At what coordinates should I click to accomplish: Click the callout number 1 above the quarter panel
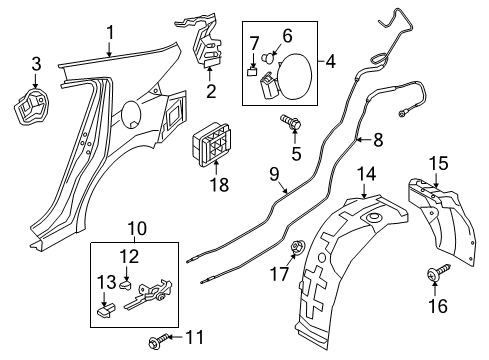[110, 33]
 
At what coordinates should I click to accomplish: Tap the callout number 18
[219, 184]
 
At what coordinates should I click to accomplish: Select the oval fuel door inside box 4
[294, 76]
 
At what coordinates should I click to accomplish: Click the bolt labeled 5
[291, 122]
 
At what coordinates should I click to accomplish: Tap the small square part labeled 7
[253, 72]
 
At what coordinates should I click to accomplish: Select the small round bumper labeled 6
[269, 58]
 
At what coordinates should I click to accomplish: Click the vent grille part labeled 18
[211, 145]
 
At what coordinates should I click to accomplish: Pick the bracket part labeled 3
[31, 106]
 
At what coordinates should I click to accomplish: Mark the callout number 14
[366, 174]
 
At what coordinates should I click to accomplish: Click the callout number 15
[438, 163]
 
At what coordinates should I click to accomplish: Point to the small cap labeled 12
[126, 285]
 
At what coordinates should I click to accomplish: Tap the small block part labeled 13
[106, 311]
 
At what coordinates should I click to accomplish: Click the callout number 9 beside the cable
[274, 174]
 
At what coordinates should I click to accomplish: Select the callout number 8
[378, 140]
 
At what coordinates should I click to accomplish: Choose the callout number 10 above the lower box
[137, 229]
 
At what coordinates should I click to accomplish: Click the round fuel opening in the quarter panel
[131, 115]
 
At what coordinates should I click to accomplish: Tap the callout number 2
[211, 91]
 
